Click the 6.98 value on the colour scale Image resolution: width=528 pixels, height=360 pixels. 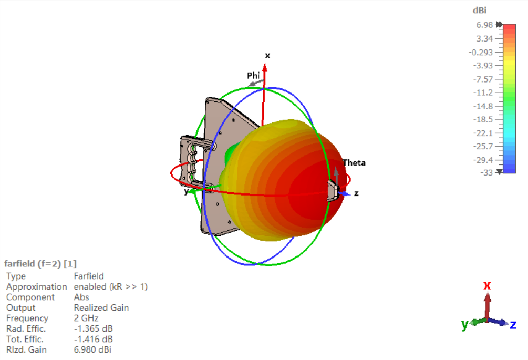point(484,25)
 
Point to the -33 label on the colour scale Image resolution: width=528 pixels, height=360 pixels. point(486,173)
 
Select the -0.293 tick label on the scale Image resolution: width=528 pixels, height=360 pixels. point(481,53)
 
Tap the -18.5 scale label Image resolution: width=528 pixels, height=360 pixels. point(483,119)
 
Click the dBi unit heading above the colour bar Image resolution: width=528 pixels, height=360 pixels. point(480,11)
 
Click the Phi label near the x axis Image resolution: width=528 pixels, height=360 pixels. point(253,76)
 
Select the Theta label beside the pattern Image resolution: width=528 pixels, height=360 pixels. point(354,163)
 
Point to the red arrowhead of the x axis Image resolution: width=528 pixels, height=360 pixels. point(265,68)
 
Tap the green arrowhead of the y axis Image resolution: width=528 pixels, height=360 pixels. point(192,192)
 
